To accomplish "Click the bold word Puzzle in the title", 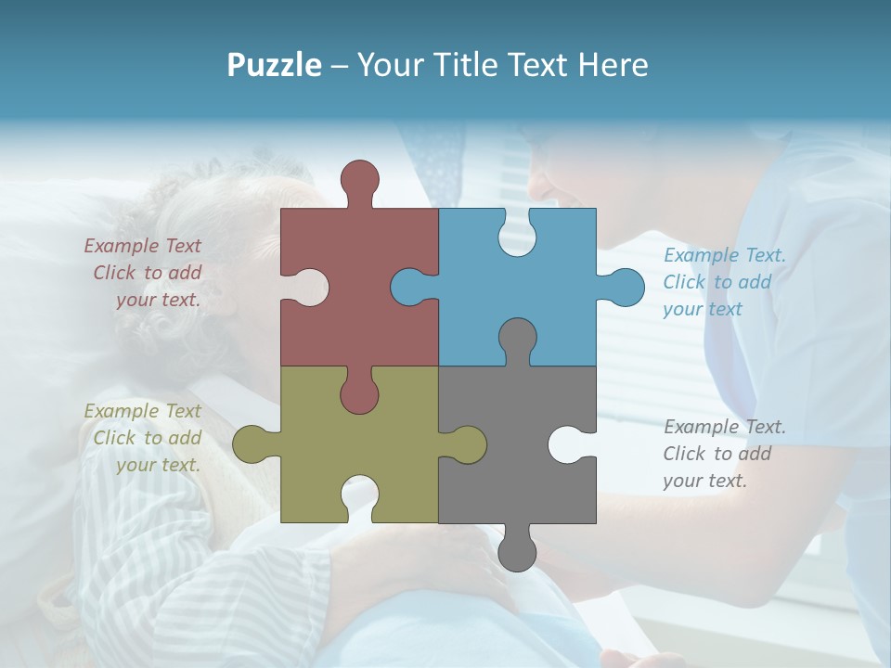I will click(x=275, y=65).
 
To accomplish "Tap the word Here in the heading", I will click(x=613, y=65).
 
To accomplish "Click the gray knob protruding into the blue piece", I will click(x=517, y=338).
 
